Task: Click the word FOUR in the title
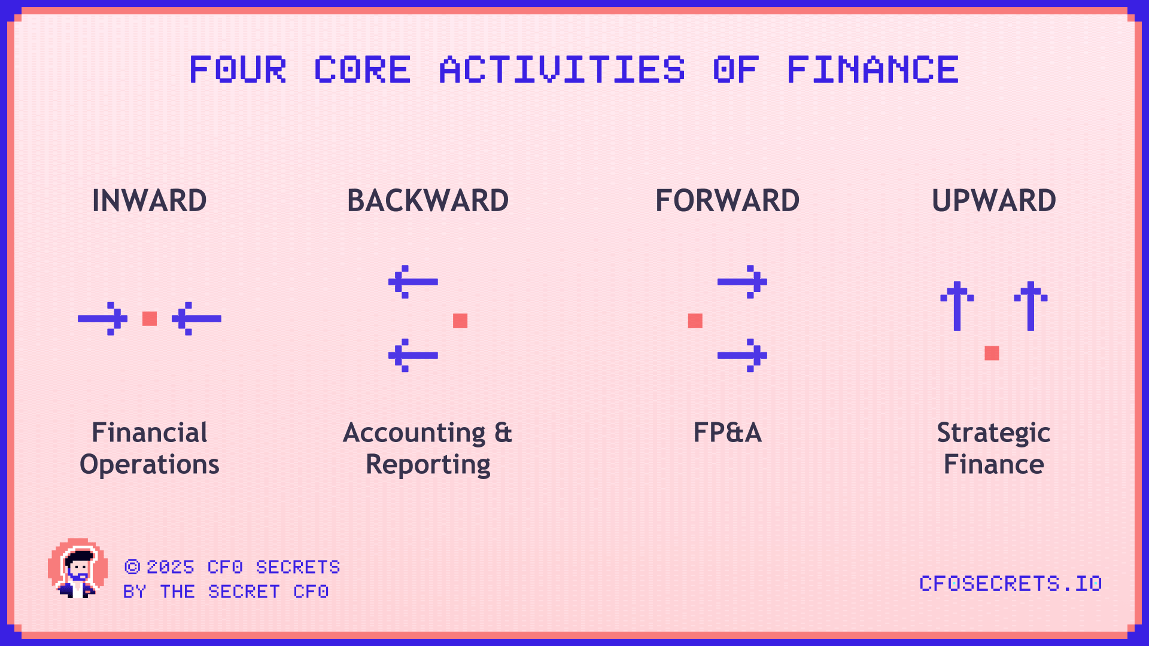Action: coord(238,69)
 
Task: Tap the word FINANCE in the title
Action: coord(873,69)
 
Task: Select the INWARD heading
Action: coord(150,200)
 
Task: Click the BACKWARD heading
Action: coord(428,200)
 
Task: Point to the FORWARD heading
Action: coord(727,200)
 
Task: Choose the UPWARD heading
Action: coord(994,200)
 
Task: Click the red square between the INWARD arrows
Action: coord(150,319)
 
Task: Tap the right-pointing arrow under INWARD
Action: coord(102,319)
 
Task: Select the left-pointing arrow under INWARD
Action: coord(196,319)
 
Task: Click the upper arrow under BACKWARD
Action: coord(413,282)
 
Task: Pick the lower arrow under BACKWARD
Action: coord(413,355)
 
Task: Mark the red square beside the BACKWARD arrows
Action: coord(460,321)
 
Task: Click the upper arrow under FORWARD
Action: coord(742,282)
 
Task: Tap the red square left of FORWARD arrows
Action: coord(695,321)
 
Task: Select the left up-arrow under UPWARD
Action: coord(957,306)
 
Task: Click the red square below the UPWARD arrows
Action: coord(992,353)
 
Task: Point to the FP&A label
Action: coord(727,432)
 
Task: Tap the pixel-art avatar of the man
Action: coord(78,568)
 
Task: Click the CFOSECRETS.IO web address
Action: coord(1010,583)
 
